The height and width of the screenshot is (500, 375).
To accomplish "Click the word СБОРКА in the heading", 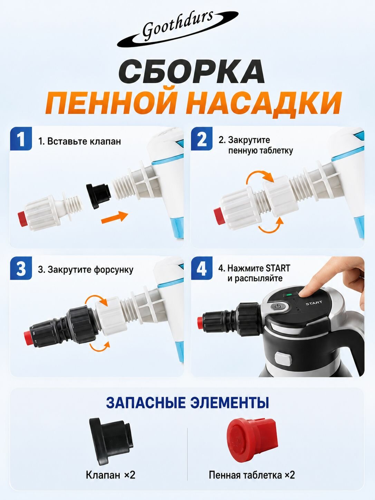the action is [x=191, y=71].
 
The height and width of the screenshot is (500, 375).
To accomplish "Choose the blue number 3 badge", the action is [x=21, y=268].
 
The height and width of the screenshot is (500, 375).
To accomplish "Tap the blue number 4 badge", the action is [x=202, y=268].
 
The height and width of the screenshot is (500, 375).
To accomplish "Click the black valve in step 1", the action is [x=98, y=194].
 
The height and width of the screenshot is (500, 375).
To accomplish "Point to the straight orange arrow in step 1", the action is [x=115, y=217].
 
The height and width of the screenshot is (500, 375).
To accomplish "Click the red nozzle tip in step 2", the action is [x=219, y=216].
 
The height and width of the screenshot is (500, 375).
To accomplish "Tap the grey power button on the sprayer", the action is [x=277, y=307].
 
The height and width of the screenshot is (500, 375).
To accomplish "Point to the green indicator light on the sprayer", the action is [x=290, y=295].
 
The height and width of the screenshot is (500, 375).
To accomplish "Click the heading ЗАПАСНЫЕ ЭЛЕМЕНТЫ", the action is [x=187, y=403].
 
